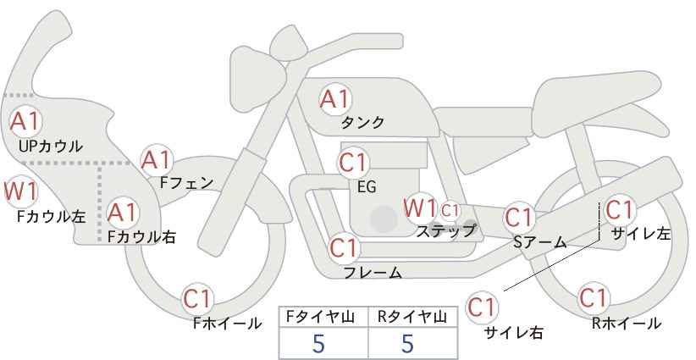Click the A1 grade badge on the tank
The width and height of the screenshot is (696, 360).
(x=335, y=99)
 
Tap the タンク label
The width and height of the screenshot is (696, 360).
(x=362, y=123)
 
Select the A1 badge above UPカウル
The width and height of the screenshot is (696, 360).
(x=25, y=122)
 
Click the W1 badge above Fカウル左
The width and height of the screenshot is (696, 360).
(x=20, y=191)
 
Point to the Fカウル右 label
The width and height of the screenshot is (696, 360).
(x=141, y=237)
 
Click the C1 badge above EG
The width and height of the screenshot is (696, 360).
(x=353, y=163)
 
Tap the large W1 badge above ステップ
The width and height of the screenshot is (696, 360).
(x=420, y=208)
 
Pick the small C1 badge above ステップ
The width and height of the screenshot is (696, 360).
(x=450, y=210)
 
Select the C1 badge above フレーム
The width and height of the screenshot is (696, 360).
(x=344, y=247)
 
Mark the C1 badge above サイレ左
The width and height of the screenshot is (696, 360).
(x=619, y=209)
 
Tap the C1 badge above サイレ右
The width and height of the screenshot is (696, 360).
(x=482, y=307)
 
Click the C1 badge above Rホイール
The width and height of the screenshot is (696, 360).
(x=594, y=298)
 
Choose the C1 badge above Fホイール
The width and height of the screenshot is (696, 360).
(x=197, y=299)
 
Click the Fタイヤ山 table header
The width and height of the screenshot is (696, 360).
(x=323, y=317)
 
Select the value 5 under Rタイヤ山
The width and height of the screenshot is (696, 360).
(x=407, y=343)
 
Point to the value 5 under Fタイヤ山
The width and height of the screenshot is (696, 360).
(x=318, y=343)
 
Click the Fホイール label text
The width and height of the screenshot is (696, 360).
(x=227, y=324)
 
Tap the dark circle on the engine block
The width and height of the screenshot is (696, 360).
(x=384, y=219)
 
